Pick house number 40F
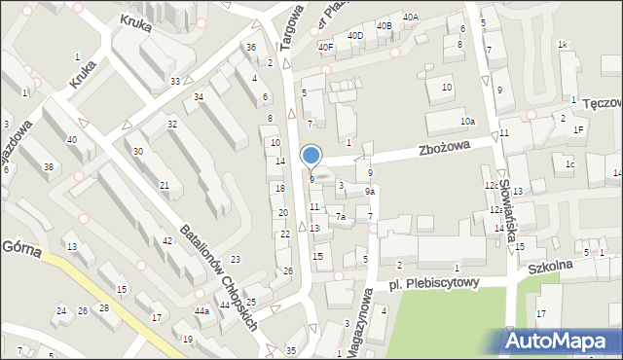click(325, 47)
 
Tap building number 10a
click(467, 121)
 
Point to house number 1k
click(562, 45)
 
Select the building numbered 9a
click(370, 192)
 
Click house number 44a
click(202, 310)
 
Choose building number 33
click(174, 81)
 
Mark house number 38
click(49, 167)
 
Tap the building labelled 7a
click(341, 217)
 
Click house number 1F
click(578, 129)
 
